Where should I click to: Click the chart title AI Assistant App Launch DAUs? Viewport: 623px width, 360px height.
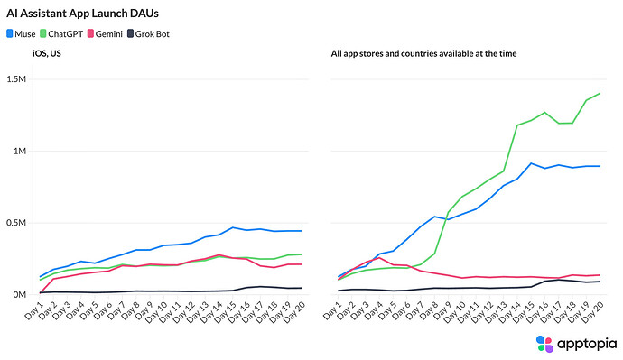tap(83, 14)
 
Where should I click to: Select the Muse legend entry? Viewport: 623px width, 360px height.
tap(21, 34)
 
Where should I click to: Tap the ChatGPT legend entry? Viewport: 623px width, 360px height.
tap(61, 34)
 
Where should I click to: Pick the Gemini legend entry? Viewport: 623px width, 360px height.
tap(105, 34)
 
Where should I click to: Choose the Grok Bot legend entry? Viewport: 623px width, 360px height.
tap(148, 34)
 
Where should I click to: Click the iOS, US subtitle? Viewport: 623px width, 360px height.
tap(47, 53)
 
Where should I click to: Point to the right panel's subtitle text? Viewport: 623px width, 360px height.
tap(424, 53)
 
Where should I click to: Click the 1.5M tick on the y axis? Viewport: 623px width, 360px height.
tap(16, 79)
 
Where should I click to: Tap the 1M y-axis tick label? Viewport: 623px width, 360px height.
tap(20, 152)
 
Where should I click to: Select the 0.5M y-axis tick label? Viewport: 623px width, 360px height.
tap(16, 223)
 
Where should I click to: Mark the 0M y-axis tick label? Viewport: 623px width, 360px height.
tap(20, 295)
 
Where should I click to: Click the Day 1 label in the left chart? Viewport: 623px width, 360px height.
tap(33, 310)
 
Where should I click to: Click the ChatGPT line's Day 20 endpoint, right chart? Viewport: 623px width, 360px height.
tap(600, 94)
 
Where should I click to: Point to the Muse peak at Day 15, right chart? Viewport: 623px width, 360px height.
tap(531, 163)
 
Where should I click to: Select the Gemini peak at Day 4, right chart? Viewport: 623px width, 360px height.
tap(379, 258)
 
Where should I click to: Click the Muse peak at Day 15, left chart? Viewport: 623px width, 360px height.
tap(233, 227)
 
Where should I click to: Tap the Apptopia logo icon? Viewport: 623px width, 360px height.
tap(544, 344)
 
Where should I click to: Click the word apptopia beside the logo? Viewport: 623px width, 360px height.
tap(587, 344)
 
